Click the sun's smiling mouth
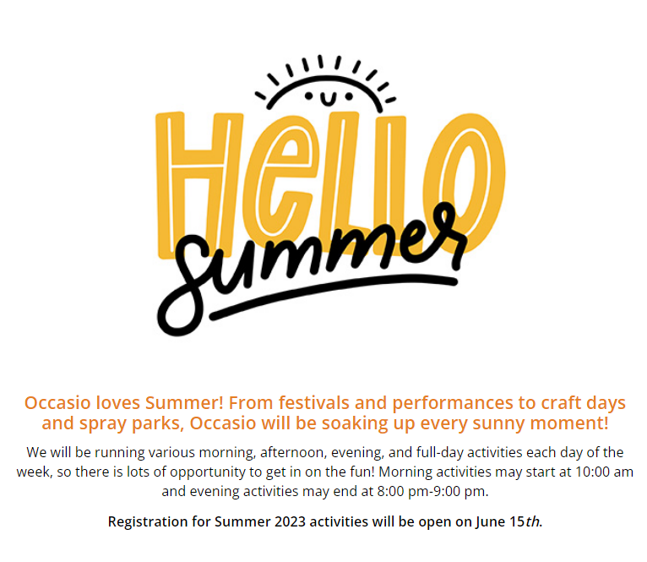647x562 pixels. (x=329, y=99)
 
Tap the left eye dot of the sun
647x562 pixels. (x=308, y=96)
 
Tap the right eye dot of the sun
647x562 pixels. (x=349, y=96)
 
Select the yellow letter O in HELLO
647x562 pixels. (x=465, y=182)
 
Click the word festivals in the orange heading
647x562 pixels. (x=313, y=402)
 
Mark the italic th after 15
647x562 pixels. (x=532, y=521)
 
